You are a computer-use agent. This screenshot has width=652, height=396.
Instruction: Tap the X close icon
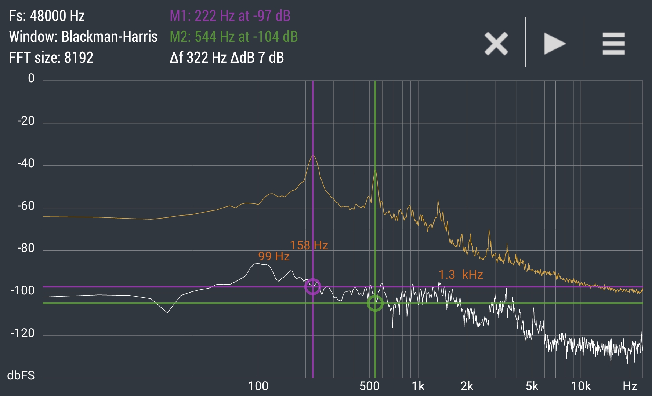(496, 44)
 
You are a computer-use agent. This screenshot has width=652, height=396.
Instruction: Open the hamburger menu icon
(613, 44)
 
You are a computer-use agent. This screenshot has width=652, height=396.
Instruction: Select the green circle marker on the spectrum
(375, 303)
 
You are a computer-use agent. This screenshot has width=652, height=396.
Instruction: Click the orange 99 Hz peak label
(274, 256)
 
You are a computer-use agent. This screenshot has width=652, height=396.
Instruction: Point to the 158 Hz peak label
(309, 245)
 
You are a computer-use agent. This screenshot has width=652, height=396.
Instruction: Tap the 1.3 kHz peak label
(461, 274)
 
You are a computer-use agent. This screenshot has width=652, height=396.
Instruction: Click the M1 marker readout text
(230, 16)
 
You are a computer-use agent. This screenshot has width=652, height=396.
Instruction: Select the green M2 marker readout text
(234, 37)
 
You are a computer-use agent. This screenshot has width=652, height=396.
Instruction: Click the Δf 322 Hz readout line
(227, 58)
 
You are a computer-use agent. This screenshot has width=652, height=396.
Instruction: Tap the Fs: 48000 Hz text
(47, 16)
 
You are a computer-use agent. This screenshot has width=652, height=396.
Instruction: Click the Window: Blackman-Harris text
(83, 37)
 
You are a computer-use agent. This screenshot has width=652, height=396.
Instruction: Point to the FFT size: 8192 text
(51, 58)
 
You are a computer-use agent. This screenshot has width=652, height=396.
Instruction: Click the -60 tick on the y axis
(26, 206)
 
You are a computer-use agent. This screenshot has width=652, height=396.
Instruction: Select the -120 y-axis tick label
(23, 333)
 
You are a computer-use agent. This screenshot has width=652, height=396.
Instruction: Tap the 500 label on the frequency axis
(369, 386)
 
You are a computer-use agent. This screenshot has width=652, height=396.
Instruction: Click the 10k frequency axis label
(581, 386)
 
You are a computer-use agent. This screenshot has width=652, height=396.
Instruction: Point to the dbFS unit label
(21, 375)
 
